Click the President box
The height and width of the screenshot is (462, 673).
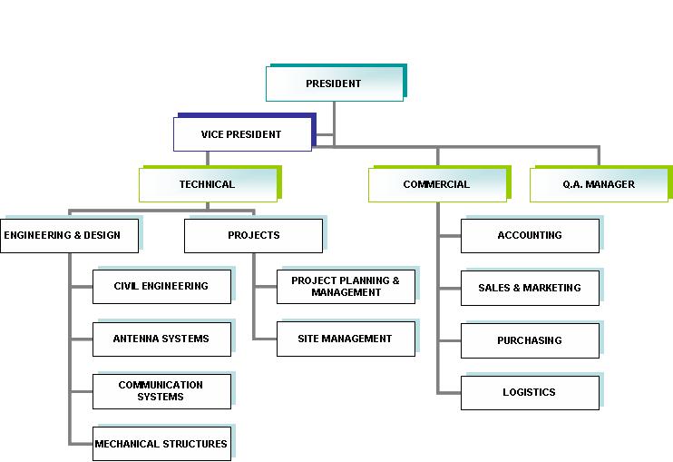[x=334, y=84]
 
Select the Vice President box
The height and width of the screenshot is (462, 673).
[x=241, y=134]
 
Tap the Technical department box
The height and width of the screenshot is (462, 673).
[x=207, y=184]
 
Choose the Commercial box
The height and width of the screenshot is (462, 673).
[x=436, y=184]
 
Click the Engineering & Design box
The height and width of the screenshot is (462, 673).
[x=71, y=235]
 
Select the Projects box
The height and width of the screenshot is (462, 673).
[x=253, y=235]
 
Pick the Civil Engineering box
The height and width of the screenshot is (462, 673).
[x=161, y=286]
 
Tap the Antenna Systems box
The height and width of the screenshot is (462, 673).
[x=161, y=339]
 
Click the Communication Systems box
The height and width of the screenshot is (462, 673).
[x=161, y=390]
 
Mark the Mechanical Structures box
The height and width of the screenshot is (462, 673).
[x=161, y=444]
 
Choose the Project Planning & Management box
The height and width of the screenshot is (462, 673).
[x=345, y=286]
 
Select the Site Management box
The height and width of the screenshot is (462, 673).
[x=345, y=339]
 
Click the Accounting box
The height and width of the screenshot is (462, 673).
[x=530, y=235]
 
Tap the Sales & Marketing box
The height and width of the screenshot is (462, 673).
[x=530, y=288]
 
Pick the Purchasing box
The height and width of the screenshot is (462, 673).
[x=530, y=340]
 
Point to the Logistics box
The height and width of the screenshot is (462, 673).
[x=530, y=392]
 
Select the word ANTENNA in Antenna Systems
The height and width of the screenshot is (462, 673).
[x=135, y=339]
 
